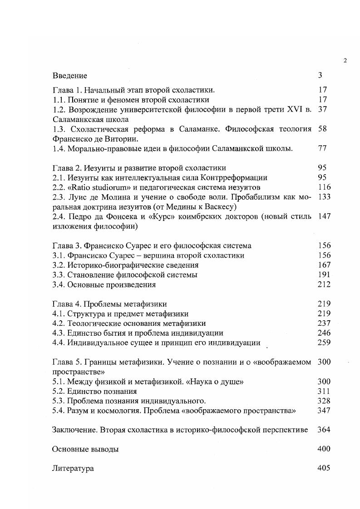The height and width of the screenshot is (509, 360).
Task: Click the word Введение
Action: [69, 75]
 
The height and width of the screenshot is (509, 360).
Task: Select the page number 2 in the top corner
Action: [345, 61]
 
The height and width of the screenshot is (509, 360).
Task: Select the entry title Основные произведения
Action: [111, 284]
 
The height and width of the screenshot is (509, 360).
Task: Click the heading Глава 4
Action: [66, 304]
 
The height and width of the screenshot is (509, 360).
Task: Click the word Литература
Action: [73, 469]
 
